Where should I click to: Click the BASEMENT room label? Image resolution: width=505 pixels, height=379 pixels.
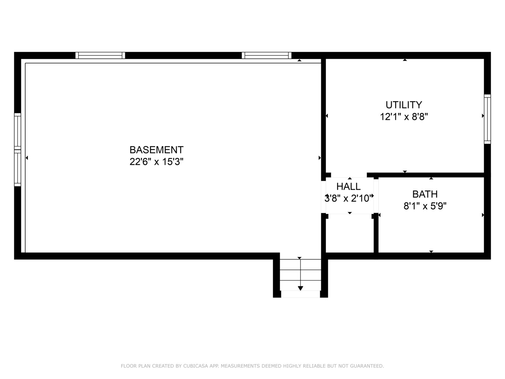(x=156, y=150)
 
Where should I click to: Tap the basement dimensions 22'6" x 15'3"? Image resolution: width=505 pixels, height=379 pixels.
(x=156, y=161)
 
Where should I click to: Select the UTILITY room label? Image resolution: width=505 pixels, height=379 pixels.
(x=404, y=105)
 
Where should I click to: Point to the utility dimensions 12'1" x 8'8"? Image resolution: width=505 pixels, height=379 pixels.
(x=404, y=117)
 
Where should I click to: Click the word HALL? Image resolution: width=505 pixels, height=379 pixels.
(x=349, y=186)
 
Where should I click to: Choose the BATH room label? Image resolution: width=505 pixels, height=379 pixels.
(x=425, y=194)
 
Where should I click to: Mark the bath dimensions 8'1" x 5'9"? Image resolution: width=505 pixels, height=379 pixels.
(x=425, y=206)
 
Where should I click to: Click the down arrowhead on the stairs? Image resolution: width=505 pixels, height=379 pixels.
(x=300, y=288)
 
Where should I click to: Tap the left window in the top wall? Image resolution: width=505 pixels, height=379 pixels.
(x=100, y=55)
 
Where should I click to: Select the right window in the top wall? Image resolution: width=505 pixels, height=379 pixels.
(x=267, y=55)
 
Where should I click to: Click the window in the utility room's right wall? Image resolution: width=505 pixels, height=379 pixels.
(x=487, y=119)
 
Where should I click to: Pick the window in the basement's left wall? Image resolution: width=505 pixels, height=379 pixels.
(x=18, y=149)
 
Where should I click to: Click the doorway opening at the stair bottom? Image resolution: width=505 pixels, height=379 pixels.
(x=300, y=294)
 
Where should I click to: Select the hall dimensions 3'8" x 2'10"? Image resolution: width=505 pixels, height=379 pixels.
(x=349, y=198)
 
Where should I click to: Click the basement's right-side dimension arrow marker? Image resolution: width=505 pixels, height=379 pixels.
(x=319, y=158)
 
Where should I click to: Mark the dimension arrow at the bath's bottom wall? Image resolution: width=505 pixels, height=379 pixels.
(x=431, y=252)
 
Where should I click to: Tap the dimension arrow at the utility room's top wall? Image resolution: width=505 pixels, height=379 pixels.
(x=405, y=60)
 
